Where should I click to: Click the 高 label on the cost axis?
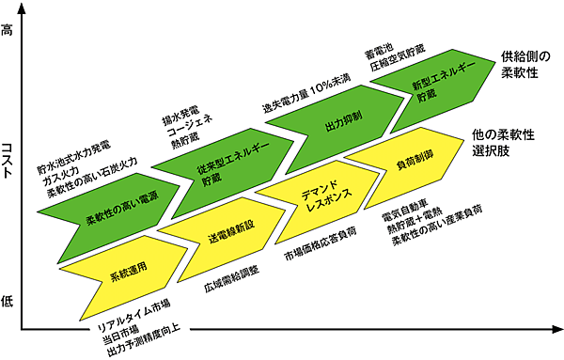[x=8, y=32]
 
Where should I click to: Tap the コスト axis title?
[x=8, y=167]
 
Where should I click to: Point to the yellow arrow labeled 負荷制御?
[x=409, y=164]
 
